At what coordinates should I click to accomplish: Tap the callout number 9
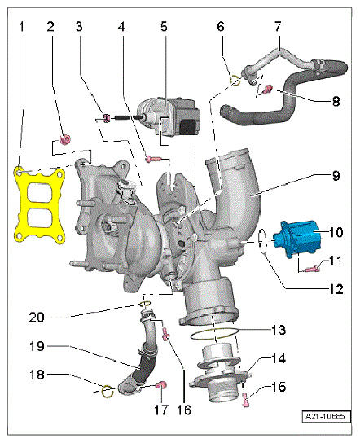pos(336,176)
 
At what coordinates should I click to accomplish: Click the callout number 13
pos(279,330)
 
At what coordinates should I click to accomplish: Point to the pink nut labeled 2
pos(65,139)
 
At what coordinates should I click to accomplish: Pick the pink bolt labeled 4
pos(153,160)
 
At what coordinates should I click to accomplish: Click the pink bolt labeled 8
pos(267,90)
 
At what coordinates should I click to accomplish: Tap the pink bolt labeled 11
pos(313,269)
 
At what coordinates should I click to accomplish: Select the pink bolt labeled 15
pos(245,400)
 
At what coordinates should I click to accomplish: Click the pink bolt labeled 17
pos(162,385)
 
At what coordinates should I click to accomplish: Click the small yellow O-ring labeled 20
pos(145,304)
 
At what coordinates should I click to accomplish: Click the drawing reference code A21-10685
pos(325,416)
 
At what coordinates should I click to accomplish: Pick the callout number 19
pos(37,346)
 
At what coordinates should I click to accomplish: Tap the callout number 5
pos(164,27)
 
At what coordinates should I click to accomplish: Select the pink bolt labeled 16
pos(165,333)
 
